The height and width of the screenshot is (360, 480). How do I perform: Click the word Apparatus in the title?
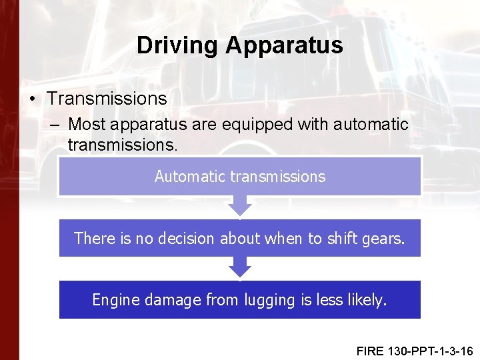click(x=284, y=45)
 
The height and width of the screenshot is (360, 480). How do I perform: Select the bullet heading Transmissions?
click(x=107, y=99)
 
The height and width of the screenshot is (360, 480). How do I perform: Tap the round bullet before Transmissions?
click(x=33, y=99)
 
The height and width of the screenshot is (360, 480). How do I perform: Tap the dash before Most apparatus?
click(x=55, y=124)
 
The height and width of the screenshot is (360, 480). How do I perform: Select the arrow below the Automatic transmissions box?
click(x=240, y=206)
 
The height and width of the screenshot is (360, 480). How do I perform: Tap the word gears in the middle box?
click(x=385, y=238)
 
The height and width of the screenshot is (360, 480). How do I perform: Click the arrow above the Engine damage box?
click(x=240, y=268)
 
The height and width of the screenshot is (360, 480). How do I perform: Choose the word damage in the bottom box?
click(x=169, y=300)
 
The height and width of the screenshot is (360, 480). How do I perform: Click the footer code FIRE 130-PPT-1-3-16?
click(x=414, y=350)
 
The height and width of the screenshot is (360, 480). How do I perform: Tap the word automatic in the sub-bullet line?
click(x=371, y=124)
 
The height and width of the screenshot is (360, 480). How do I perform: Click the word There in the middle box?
click(x=94, y=238)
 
